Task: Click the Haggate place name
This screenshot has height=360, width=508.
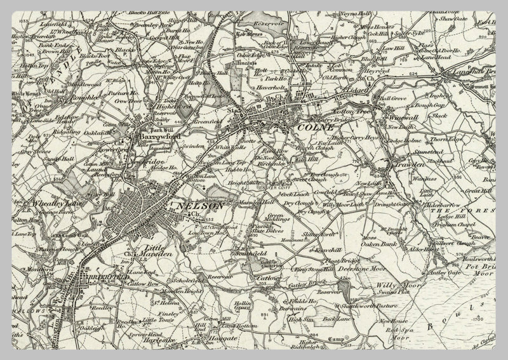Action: tap(222, 338)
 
